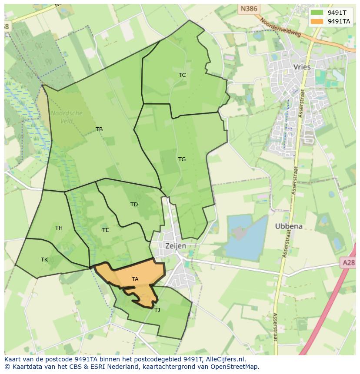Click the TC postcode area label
point(182,75)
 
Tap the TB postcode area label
point(99,129)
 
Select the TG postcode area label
point(182,159)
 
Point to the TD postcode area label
point(134,205)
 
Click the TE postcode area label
point(105,230)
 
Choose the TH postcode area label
point(59,228)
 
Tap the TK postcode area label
point(44,260)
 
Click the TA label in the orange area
point(135,279)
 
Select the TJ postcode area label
point(157,310)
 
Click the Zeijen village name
point(176,246)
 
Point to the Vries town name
point(302,67)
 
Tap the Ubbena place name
point(289,226)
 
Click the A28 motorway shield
point(348,262)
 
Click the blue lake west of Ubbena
point(245,237)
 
